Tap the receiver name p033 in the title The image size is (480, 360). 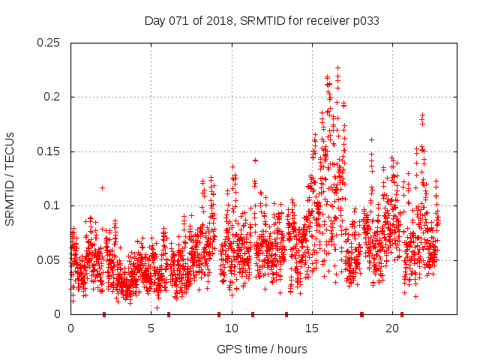point(364,21)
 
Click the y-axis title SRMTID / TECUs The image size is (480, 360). point(10,178)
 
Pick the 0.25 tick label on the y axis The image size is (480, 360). point(50,43)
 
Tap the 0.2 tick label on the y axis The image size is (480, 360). point(53,97)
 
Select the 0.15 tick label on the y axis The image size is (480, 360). point(50,151)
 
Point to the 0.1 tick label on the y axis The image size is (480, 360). point(53,205)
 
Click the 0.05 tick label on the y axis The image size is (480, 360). point(50,260)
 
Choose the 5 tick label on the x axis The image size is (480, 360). point(151,328)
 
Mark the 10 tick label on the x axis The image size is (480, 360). point(232,328)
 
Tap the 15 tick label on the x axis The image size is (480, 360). point(312,328)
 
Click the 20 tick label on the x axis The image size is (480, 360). point(392,328)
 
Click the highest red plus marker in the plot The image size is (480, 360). point(337,67)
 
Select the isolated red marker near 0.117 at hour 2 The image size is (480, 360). point(103,187)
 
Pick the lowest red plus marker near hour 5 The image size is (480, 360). point(157,307)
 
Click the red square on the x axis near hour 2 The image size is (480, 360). point(104,314)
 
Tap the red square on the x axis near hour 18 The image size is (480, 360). point(361,314)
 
